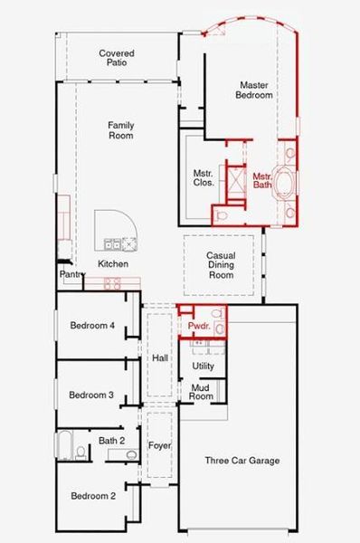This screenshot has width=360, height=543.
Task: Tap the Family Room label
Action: pos(120,130)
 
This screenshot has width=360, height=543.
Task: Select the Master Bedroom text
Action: pos(253,89)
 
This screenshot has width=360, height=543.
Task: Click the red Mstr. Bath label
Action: pos(262,180)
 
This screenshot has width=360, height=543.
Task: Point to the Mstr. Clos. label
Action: pos(204,176)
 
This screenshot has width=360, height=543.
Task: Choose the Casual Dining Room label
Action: pos(221,265)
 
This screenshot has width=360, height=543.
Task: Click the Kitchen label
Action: pos(113,263)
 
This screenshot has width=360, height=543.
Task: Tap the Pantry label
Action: pos(71,273)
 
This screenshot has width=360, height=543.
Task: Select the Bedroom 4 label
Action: pos(91,327)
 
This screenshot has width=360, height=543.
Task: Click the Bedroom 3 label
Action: pos(91,395)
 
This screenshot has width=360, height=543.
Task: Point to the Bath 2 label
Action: pos(111,441)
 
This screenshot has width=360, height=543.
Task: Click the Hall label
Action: pos(160,358)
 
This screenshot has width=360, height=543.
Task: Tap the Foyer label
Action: pos(160,446)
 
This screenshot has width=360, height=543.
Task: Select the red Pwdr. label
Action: pos(198,326)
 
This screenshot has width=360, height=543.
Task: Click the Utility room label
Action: pos(203,365)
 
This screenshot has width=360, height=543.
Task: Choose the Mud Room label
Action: pos(200,391)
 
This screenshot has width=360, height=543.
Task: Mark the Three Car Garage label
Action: pos(242,461)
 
